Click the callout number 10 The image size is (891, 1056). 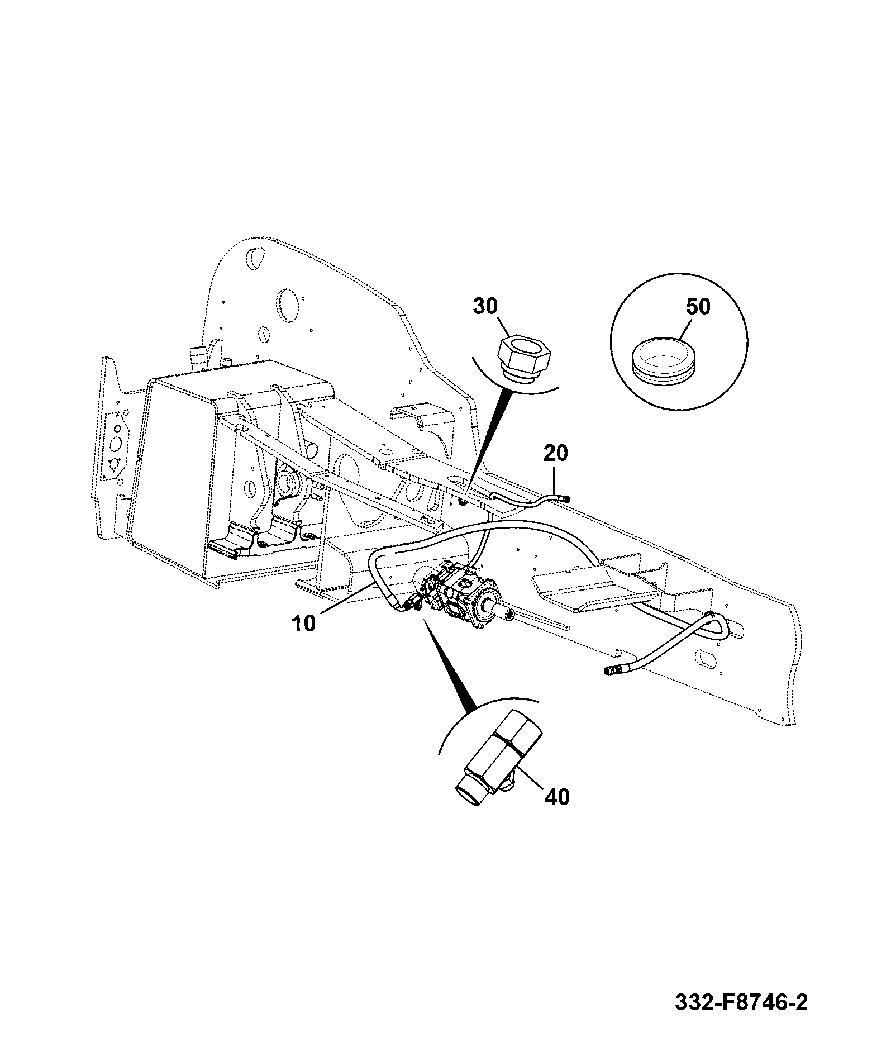point(304,622)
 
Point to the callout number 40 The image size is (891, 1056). point(556,797)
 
